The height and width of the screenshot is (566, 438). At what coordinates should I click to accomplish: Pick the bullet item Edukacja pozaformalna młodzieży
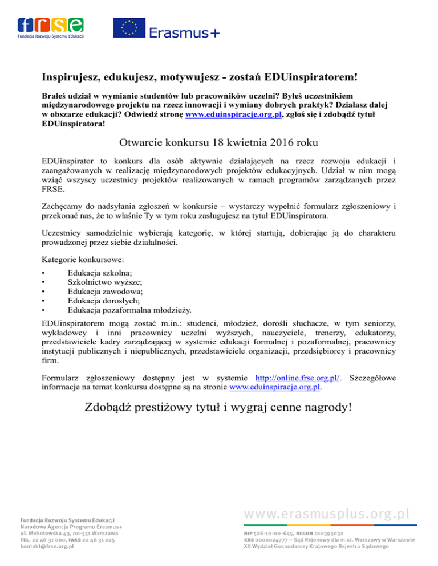click(x=129, y=310)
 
